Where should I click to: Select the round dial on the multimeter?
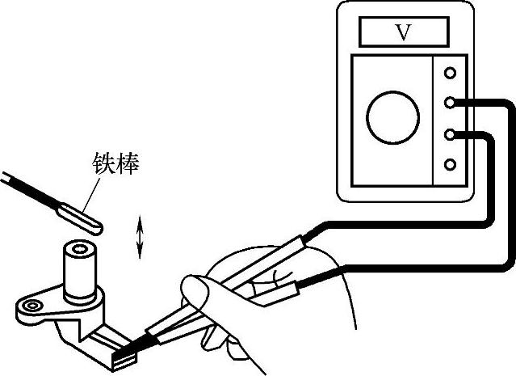point(392,116)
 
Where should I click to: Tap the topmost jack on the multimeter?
point(450,73)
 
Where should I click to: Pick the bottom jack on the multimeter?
point(450,165)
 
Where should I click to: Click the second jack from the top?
point(450,103)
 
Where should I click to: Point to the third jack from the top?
point(450,133)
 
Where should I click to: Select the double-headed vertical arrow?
point(141,237)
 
